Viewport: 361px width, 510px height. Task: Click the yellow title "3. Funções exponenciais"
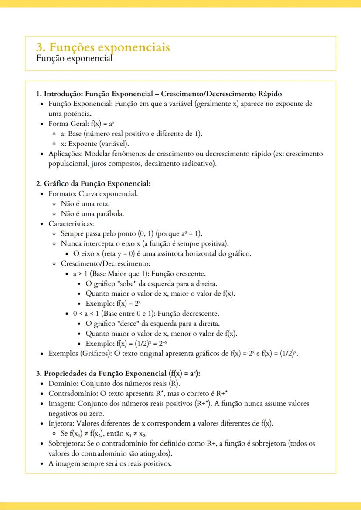pos(103,47)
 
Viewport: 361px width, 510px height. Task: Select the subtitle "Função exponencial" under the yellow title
pos(74,58)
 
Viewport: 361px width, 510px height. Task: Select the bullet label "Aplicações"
pos(65,154)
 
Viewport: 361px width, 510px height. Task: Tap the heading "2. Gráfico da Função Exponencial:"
pos(93,184)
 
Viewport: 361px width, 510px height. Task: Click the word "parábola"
pos(110,214)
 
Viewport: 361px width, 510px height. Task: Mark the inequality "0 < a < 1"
pos(87,314)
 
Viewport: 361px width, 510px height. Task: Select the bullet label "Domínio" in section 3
pos(62,384)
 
